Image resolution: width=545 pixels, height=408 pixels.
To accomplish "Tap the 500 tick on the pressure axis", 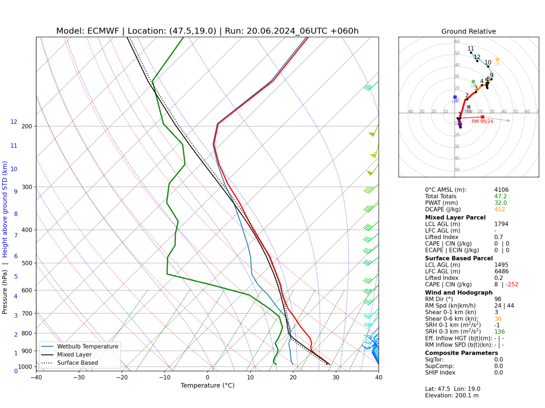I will [26, 263].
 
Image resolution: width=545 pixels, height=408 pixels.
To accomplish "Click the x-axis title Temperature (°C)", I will [208, 386].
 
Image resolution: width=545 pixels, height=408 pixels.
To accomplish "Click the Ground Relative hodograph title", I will [468, 31].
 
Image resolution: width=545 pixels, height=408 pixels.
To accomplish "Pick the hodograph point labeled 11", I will [471, 52].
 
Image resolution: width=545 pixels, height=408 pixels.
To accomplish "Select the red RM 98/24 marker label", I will [482, 121].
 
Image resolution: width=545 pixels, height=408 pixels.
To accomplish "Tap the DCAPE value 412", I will [499, 209].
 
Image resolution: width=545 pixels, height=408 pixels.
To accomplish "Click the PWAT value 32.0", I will [500, 203].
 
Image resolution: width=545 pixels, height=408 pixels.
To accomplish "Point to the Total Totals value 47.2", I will [500, 196].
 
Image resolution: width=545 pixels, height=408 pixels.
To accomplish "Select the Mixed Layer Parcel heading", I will [455, 217].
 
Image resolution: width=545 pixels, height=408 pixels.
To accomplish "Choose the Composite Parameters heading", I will [461, 353].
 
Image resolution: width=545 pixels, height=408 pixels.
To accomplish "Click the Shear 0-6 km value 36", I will [498, 319].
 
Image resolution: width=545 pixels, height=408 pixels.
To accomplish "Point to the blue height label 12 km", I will [14, 122].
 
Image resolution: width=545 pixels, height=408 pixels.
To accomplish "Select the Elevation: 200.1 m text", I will [452, 395].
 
